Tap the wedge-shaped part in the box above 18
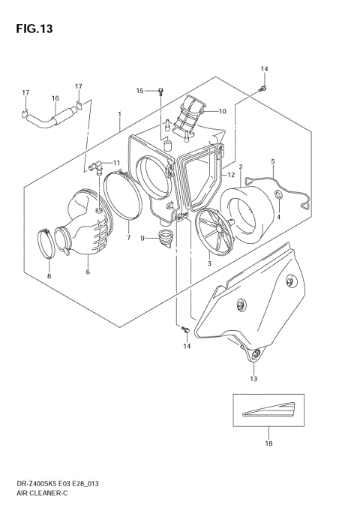(x=267, y=410)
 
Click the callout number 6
(x=88, y=271)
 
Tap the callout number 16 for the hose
(x=55, y=98)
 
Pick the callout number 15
(x=139, y=91)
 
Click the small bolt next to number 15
(x=160, y=92)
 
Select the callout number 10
(x=222, y=111)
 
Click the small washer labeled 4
(x=277, y=197)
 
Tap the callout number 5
(x=272, y=161)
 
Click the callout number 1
(x=119, y=115)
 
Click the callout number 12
(x=232, y=175)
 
